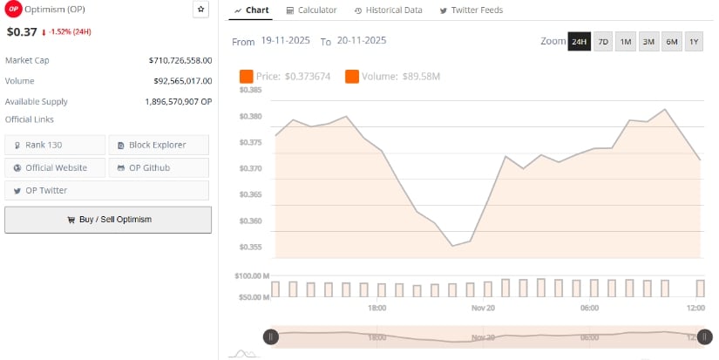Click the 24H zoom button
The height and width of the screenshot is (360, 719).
pos(579,42)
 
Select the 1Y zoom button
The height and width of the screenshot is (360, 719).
pos(694,42)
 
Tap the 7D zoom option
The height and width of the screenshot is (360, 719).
pos(603,42)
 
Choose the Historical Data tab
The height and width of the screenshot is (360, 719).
pos(389,10)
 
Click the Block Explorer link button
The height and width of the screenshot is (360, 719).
pos(159,145)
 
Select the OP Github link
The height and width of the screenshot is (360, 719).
pos(159,167)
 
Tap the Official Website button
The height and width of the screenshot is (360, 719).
pos(55,167)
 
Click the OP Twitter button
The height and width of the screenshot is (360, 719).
pos(55,190)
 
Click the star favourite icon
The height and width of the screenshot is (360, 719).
pos(200,10)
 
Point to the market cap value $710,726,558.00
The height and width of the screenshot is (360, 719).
pos(180,60)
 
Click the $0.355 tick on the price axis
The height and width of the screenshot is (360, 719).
pos(251,247)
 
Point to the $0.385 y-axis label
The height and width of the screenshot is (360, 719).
pos(251,90)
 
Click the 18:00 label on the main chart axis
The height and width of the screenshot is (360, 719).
pos(376,308)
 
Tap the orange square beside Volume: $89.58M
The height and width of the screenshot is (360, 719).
pos(352,77)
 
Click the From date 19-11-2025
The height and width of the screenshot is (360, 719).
pos(286,41)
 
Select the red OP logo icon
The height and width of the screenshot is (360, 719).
pos(13,10)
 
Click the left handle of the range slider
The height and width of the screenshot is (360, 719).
pos(271,336)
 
